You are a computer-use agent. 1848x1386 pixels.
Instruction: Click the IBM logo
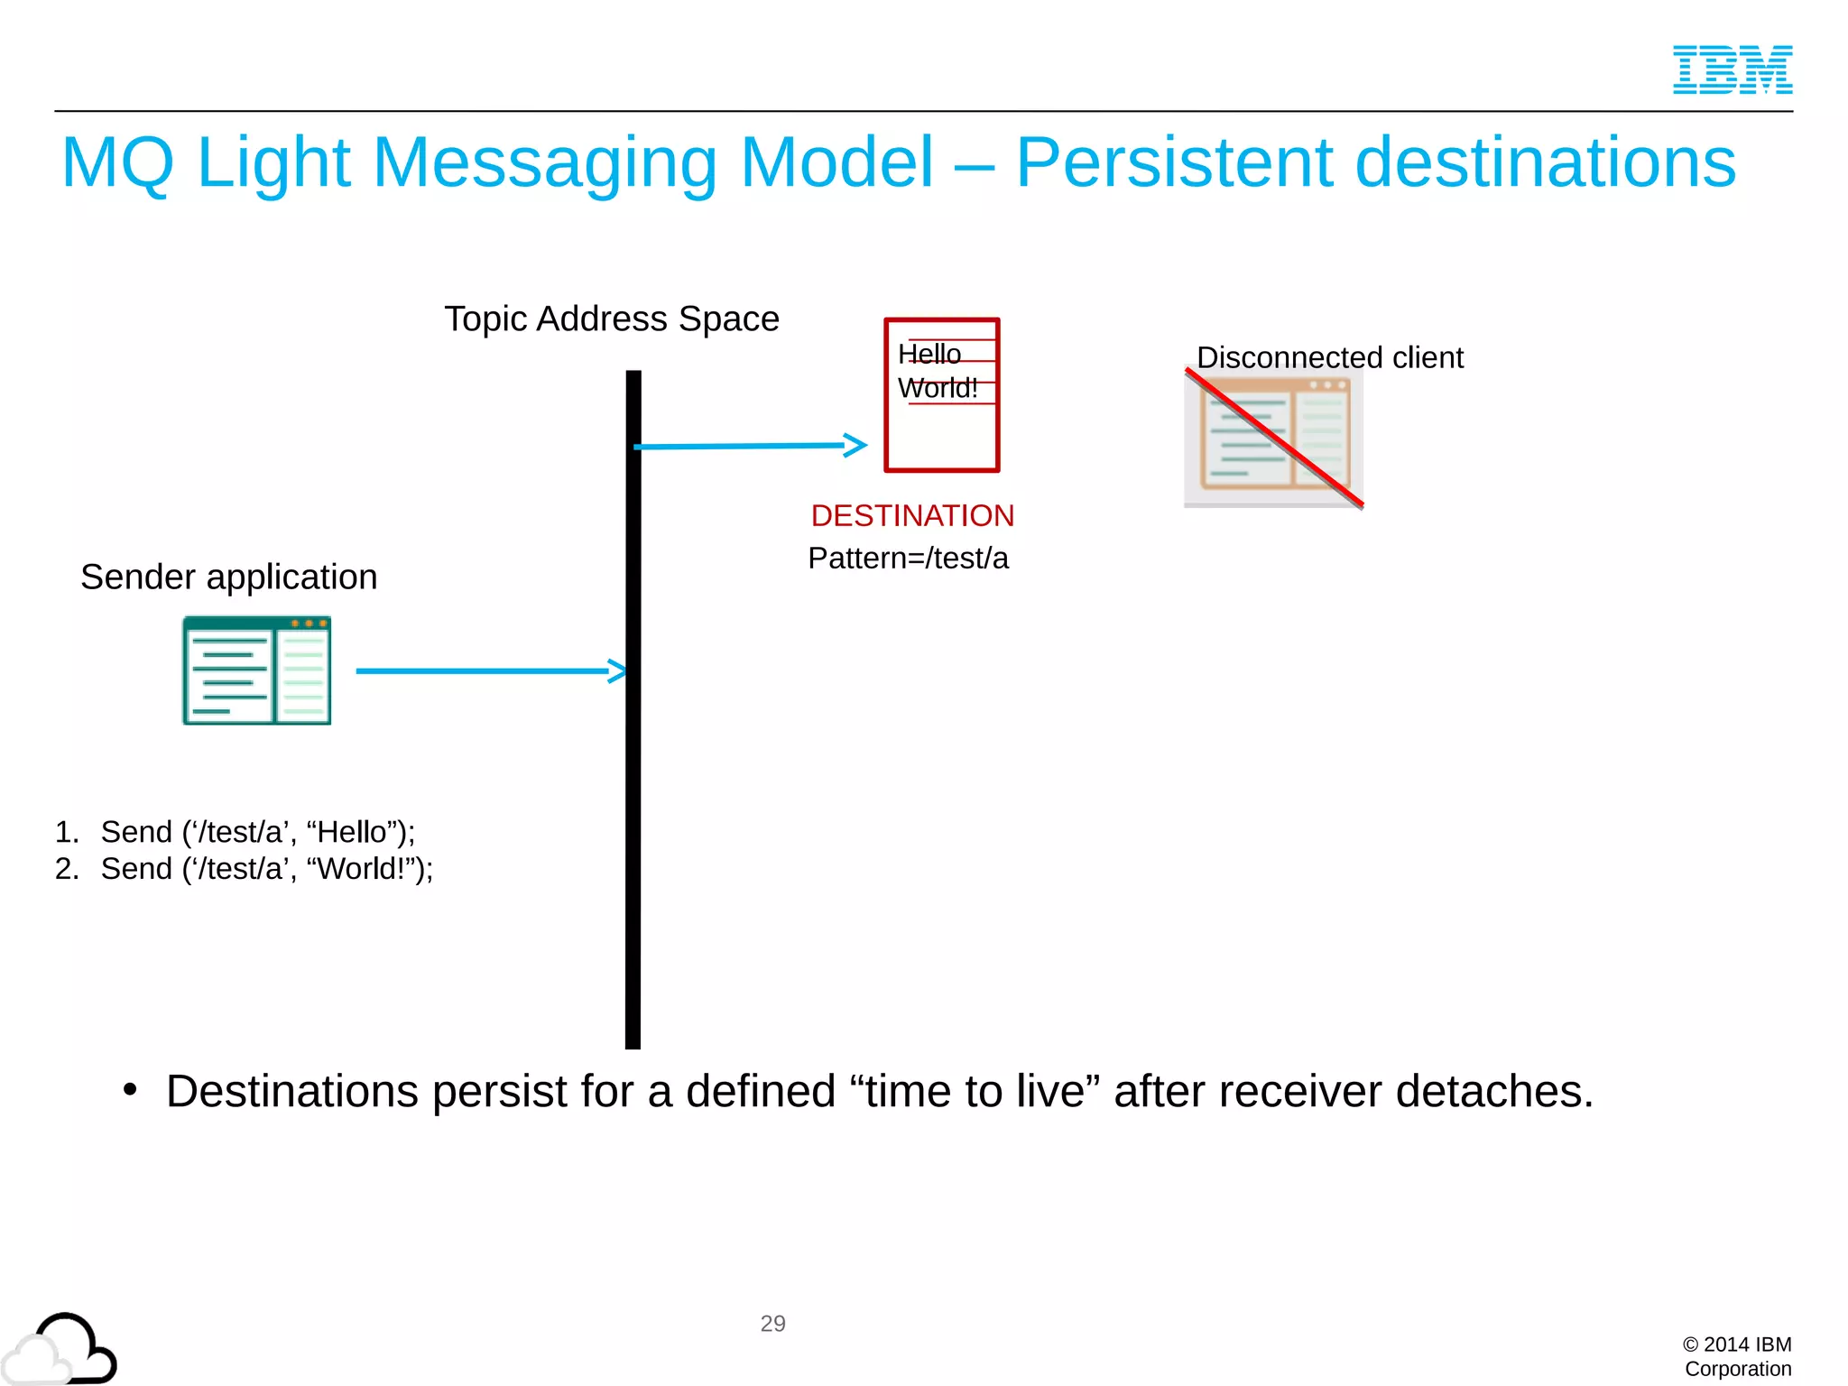pyautogui.click(x=1732, y=69)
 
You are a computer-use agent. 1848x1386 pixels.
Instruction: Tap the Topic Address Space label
pyautogui.click(x=611, y=319)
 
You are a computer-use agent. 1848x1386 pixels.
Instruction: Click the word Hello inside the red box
pyautogui.click(x=929, y=354)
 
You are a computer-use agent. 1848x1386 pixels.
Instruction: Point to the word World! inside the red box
pyautogui.click(x=937, y=388)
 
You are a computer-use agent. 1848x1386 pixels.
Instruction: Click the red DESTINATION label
pyautogui.click(x=912, y=515)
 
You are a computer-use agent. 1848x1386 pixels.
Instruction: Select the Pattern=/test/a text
pyautogui.click(x=908, y=559)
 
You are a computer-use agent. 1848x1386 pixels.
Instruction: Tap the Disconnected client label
pyautogui.click(x=1329, y=357)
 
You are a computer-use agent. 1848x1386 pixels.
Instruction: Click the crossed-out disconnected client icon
pyautogui.click(x=1273, y=437)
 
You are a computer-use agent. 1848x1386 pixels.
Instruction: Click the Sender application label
pyautogui.click(x=228, y=577)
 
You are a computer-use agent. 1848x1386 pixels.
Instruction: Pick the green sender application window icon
pyautogui.click(x=256, y=670)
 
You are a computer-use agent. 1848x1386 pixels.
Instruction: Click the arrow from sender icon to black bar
pyautogui.click(x=487, y=670)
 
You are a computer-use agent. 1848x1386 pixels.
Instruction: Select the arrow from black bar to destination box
pyautogui.click(x=749, y=446)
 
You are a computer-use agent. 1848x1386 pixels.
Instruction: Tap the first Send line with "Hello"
pyautogui.click(x=257, y=831)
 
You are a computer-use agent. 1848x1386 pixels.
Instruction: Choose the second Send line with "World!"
pyautogui.click(x=266, y=868)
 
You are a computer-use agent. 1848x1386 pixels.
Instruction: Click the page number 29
pyautogui.click(x=772, y=1323)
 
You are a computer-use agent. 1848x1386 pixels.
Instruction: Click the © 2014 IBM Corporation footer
pyautogui.click(x=1737, y=1356)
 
